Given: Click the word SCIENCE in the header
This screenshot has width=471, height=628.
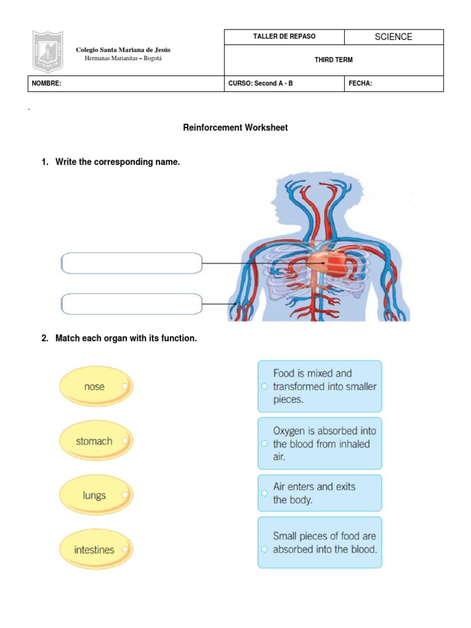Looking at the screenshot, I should pyautogui.click(x=393, y=37).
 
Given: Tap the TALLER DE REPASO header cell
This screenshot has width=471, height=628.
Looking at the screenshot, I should pyautogui.click(x=285, y=37).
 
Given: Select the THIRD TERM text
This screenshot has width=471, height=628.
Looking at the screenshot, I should pyautogui.click(x=334, y=60).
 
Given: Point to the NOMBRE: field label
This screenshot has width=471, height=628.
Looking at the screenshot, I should pyautogui.click(x=47, y=83).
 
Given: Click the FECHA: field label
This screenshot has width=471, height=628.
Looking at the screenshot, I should pyautogui.click(x=361, y=83).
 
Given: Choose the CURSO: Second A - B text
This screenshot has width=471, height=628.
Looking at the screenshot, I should pyautogui.click(x=261, y=83).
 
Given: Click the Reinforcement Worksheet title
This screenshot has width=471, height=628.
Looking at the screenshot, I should pyautogui.click(x=235, y=128).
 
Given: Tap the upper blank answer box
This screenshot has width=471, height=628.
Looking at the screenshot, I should pyautogui.click(x=132, y=264).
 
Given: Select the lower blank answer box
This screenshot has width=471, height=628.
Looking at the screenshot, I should pyautogui.click(x=132, y=304).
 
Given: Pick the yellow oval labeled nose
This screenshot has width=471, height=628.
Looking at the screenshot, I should pyautogui.click(x=95, y=387).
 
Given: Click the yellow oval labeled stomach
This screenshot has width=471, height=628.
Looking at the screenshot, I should pyautogui.click(x=95, y=441).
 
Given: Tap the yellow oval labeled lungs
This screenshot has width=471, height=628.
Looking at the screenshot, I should pyautogui.click(x=95, y=496).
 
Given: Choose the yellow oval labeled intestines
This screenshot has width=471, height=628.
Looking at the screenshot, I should pyautogui.click(x=95, y=550).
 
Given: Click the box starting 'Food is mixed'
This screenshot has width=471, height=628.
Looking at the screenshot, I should pyautogui.click(x=320, y=386).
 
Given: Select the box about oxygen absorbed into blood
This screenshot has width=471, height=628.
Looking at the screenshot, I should pyautogui.click(x=320, y=443).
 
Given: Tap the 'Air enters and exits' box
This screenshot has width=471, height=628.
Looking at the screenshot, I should pyautogui.click(x=320, y=493).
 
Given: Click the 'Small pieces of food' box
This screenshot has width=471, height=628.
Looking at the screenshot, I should pyautogui.click(x=320, y=543).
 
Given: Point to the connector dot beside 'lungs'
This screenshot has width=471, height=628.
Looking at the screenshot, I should pyautogui.click(x=124, y=495).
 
